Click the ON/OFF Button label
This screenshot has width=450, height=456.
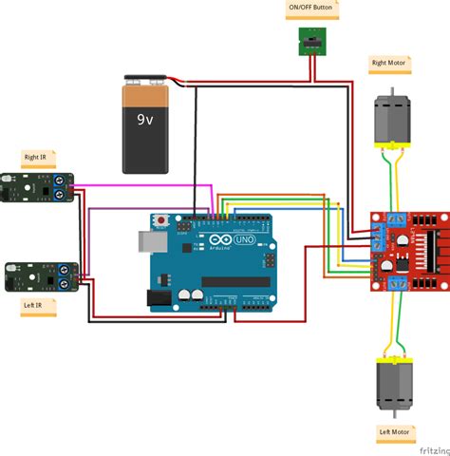(310, 10)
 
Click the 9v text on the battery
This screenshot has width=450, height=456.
(144, 121)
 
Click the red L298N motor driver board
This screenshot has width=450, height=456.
(408, 249)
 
